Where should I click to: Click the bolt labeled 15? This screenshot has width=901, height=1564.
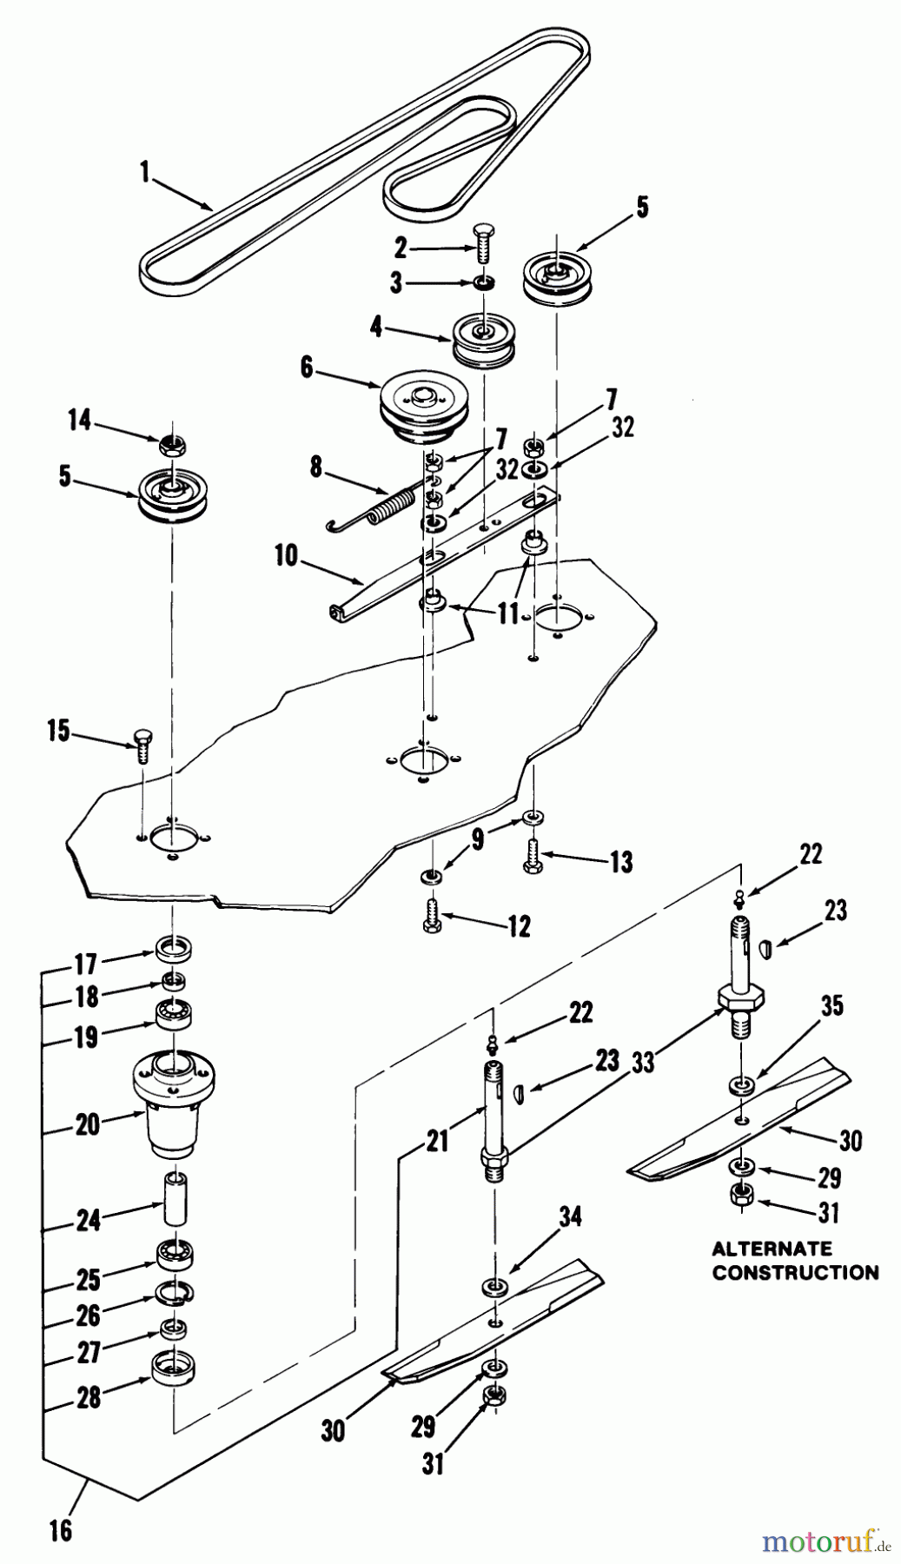tap(143, 746)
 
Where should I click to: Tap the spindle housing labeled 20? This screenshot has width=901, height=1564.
tap(174, 1101)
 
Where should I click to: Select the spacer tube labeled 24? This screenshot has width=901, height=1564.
tap(175, 1201)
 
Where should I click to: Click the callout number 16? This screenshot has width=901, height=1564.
tap(60, 1528)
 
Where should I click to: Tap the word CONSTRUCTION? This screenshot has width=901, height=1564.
tap(794, 1272)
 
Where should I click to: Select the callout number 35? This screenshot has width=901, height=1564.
tap(831, 1006)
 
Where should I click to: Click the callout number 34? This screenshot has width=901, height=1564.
tap(570, 1216)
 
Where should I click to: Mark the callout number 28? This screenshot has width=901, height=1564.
tap(88, 1397)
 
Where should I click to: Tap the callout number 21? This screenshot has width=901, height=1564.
tap(437, 1139)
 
